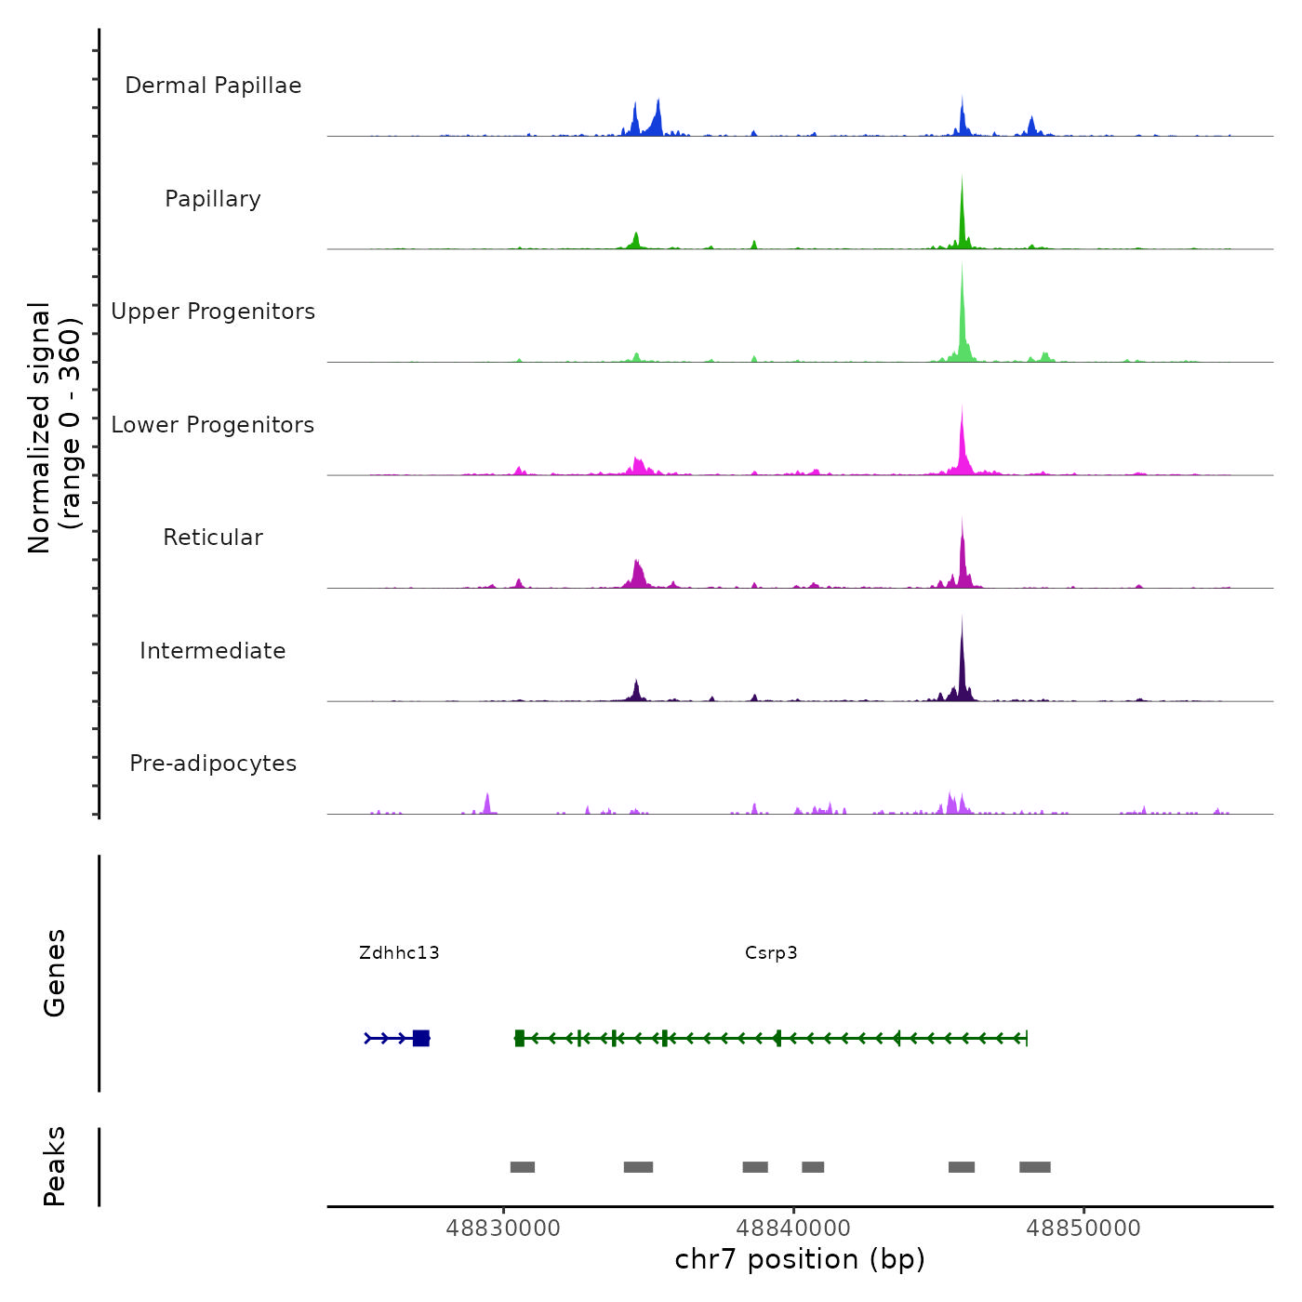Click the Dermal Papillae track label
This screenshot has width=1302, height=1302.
tap(213, 86)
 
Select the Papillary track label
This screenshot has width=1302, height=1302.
tap(213, 199)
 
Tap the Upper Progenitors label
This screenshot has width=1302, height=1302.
tap(213, 312)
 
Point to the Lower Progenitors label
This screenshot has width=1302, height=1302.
tap(213, 425)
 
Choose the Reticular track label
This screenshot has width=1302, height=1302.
tap(213, 538)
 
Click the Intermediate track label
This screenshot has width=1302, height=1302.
tap(213, 651)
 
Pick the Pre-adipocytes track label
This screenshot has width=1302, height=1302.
tap(213, 764)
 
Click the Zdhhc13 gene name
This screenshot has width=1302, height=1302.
tap(399, 952)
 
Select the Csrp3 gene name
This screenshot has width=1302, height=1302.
tap(771, 952)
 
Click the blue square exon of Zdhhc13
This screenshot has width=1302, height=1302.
tap(421, 1038)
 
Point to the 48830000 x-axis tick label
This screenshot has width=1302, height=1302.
tap(503, 1228)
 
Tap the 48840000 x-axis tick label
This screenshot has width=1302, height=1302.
tap(794, 1228)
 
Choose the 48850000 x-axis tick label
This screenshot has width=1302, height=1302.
tap(1083, 1228)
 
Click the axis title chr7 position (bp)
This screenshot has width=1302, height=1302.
tap(800, 1259)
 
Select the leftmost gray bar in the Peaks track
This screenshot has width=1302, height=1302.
tap(523, 1167)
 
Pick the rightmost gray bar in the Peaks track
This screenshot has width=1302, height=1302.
tap(1035, 1167)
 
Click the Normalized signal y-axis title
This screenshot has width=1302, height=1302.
tap(54, 428)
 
